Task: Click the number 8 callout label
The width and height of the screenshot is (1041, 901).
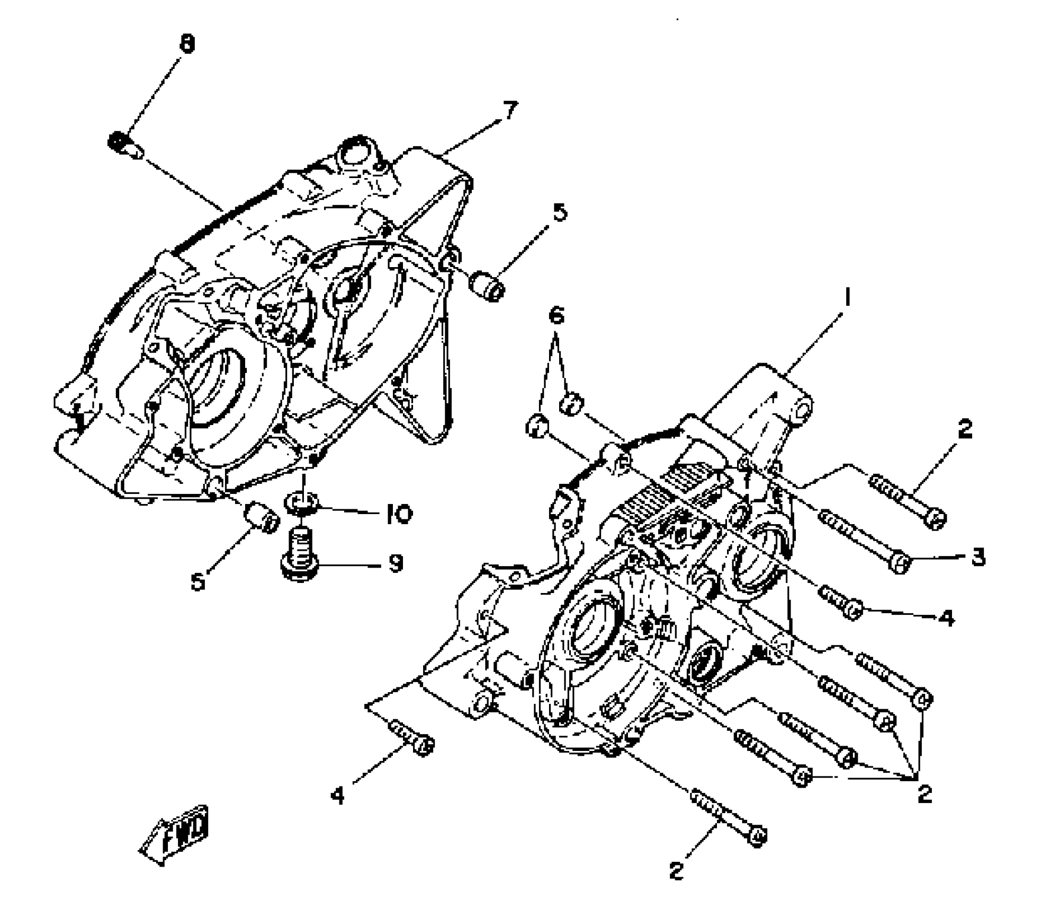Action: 187,43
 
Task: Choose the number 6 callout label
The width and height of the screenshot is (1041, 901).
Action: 556,316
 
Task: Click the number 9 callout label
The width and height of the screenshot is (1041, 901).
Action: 396,563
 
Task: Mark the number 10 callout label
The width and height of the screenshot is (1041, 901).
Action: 399,514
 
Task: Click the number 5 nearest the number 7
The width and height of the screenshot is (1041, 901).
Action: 559,212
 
